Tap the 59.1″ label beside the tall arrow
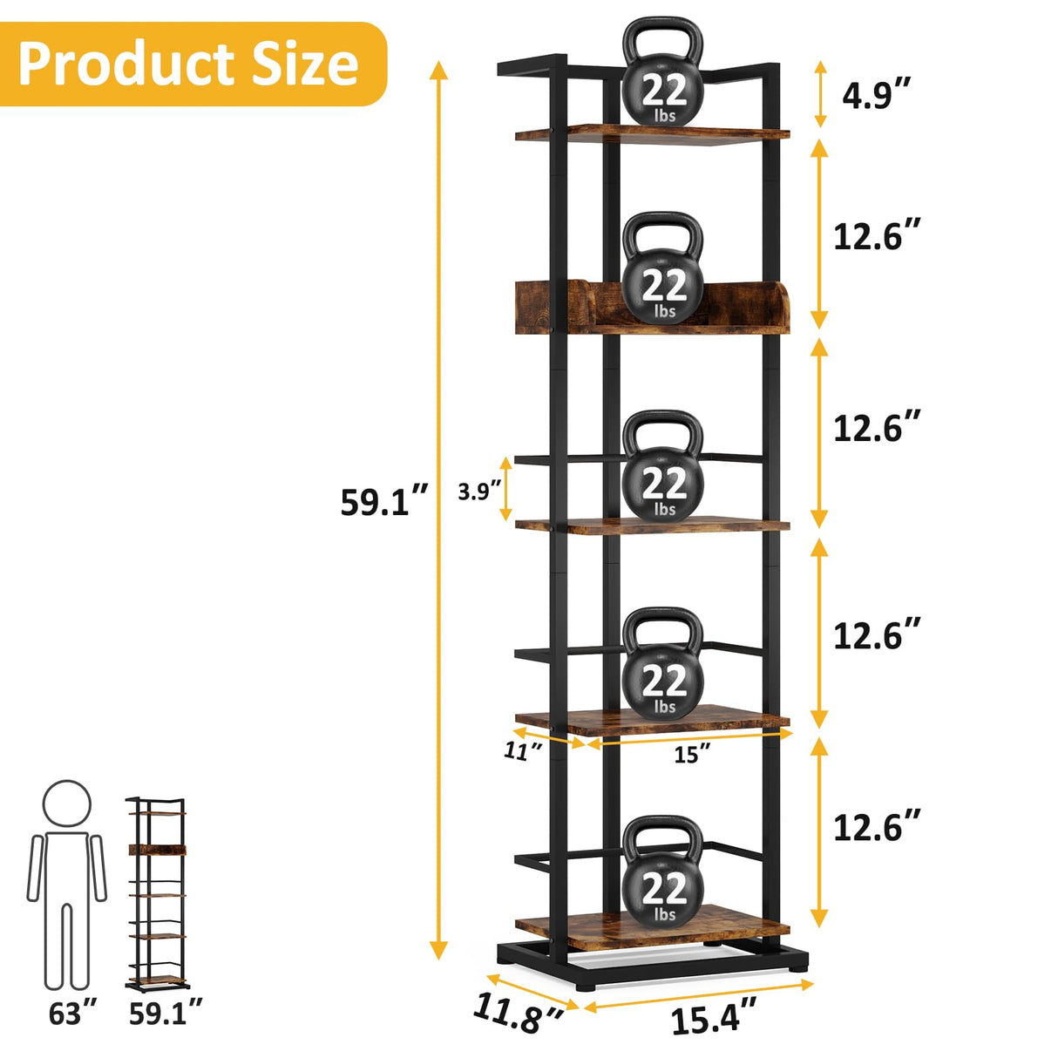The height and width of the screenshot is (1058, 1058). (x=384, y=502)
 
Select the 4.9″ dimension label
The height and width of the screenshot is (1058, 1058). (x=877, y=94)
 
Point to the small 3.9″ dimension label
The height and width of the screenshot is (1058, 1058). (x=480, y=492)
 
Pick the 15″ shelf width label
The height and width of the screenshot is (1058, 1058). (x=692, y=754)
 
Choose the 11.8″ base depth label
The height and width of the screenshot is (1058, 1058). (x=518, y=1014)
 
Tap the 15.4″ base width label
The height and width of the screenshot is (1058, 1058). (x=713, y=1018)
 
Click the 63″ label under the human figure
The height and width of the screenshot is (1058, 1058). (x=77, y=1014)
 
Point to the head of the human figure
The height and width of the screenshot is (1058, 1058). (x=67, y=804)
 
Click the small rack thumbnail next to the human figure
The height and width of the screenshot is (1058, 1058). (x=157, y=893)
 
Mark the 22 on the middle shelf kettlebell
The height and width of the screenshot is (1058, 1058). (x=664, y=484)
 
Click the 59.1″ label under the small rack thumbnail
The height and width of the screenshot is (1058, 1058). (x=166, y=1014)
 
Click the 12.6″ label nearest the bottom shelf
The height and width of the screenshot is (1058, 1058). (x=877, y=827)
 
